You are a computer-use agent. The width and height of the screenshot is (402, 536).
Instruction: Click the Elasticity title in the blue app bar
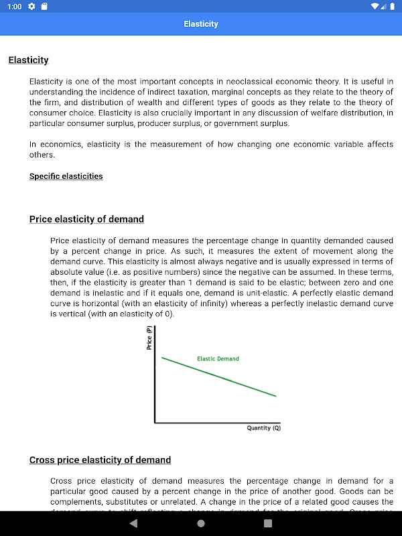[x=201, y=24]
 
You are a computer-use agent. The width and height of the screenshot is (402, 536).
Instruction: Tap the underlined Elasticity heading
[x=28, y=60]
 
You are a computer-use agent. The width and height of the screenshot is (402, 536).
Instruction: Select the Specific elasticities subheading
[x=66, y=176]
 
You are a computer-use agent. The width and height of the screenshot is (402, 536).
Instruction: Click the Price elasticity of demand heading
[x=86, y=219]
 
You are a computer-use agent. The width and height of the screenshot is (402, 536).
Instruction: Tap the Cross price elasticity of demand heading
[x=100, y=460]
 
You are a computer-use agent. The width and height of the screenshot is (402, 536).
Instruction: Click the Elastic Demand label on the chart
[x=218, y=358]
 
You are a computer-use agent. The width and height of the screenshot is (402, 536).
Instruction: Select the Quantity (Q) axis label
[x=264, y=427]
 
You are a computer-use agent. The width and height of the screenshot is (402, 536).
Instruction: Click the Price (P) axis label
[x=149, y=337]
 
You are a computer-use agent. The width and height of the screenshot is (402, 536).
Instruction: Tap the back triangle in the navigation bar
[x=133, y=523]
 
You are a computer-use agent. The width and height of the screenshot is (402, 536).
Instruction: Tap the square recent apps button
[x=268, y=523]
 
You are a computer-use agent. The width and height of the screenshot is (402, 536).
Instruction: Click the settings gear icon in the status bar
[x=31, y=7]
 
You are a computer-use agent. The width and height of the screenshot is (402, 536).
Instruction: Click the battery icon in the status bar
[x=392, y=7]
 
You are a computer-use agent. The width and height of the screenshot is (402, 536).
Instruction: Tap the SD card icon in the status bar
[x=44, y=7]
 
